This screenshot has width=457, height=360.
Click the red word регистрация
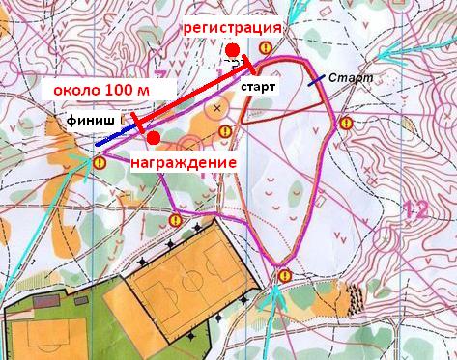(235, 28)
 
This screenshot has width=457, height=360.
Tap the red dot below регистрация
(232, 50)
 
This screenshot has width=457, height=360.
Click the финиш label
(92, 124)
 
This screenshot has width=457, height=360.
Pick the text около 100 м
(101, 90)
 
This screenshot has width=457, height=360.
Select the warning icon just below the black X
(225, 131)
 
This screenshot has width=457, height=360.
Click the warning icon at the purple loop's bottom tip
(284, 276)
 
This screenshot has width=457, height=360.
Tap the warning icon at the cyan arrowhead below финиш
(99, 164)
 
